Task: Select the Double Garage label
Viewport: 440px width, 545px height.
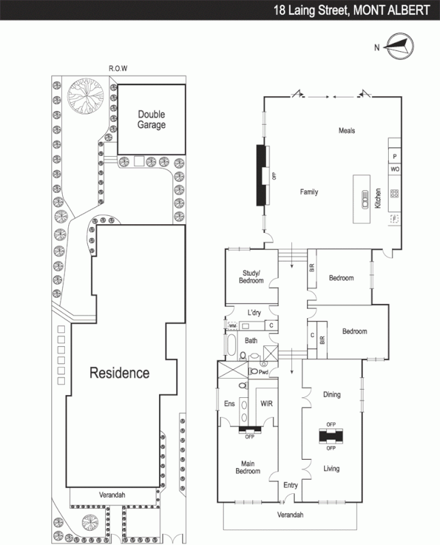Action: pos(151,120)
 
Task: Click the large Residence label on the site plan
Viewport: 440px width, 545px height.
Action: pos(119,373)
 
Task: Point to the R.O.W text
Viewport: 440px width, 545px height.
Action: pos(119,68)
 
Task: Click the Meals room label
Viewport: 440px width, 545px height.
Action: pos(347,131)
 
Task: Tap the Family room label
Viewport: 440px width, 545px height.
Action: pos(309,192)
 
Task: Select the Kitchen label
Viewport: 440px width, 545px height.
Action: pos(377,198)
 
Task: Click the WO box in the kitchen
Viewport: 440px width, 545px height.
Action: pos(394,168)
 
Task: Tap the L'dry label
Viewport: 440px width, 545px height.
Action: pos(254,313)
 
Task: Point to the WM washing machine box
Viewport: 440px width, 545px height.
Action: pos(233,326)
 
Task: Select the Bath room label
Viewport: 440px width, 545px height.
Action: pos(251,340)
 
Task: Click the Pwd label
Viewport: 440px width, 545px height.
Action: pos(263,372)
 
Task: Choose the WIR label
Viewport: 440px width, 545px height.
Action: pos(267,403)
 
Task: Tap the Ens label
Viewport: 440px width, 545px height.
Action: pos(229,403)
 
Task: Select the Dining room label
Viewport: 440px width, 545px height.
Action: pos(332,394)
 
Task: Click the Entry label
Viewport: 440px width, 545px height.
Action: pos(291,485)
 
